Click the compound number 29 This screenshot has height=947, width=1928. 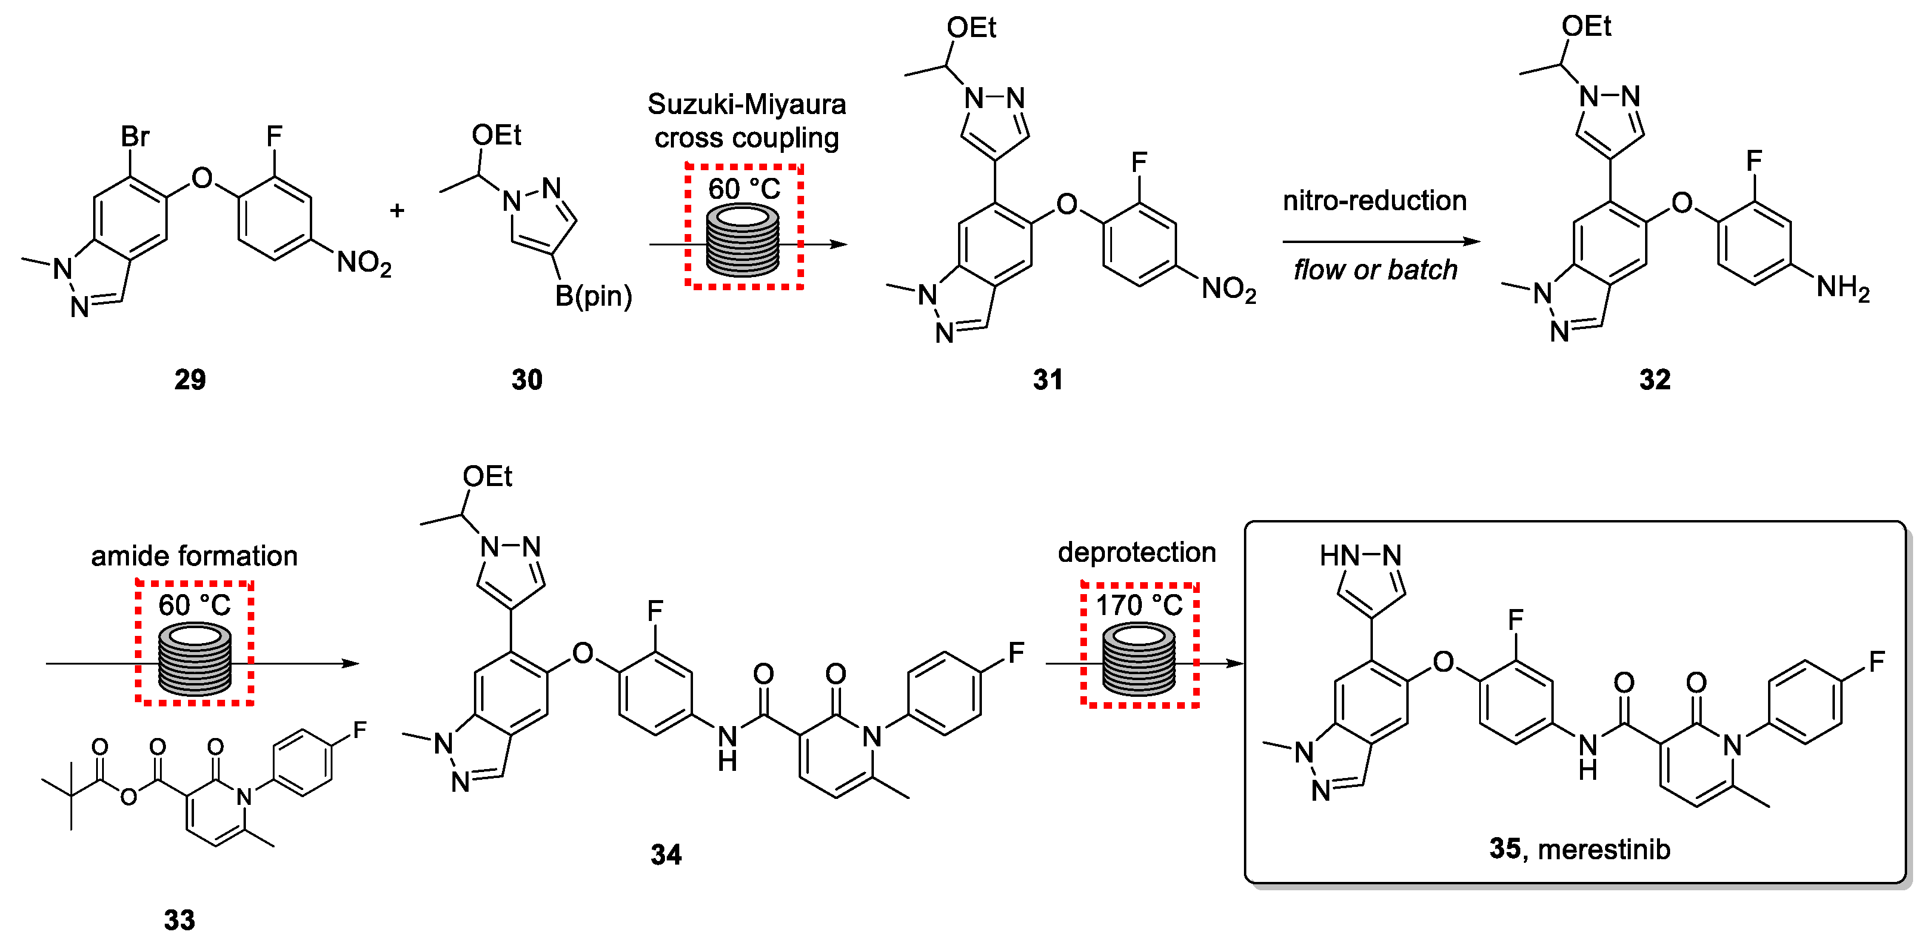(189, 380)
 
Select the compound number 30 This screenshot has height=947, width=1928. (527, 380)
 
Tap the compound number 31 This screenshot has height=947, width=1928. (1048, 380)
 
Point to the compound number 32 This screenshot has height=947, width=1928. (1655, 380)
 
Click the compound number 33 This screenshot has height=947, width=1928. (180, 920)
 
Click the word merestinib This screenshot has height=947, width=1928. (1604, 850)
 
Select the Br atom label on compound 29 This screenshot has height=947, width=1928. (135, 137)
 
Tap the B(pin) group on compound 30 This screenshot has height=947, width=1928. (593, 296)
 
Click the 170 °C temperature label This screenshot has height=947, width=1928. (1139, 605)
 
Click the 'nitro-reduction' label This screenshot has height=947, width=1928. (1375, 201)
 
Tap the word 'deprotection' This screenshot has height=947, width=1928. (1137, 552)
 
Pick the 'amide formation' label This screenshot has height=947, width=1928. (195, 556)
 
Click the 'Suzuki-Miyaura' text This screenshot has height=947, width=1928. (746, 104)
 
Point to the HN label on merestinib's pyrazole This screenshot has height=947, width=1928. (1339, 555)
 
